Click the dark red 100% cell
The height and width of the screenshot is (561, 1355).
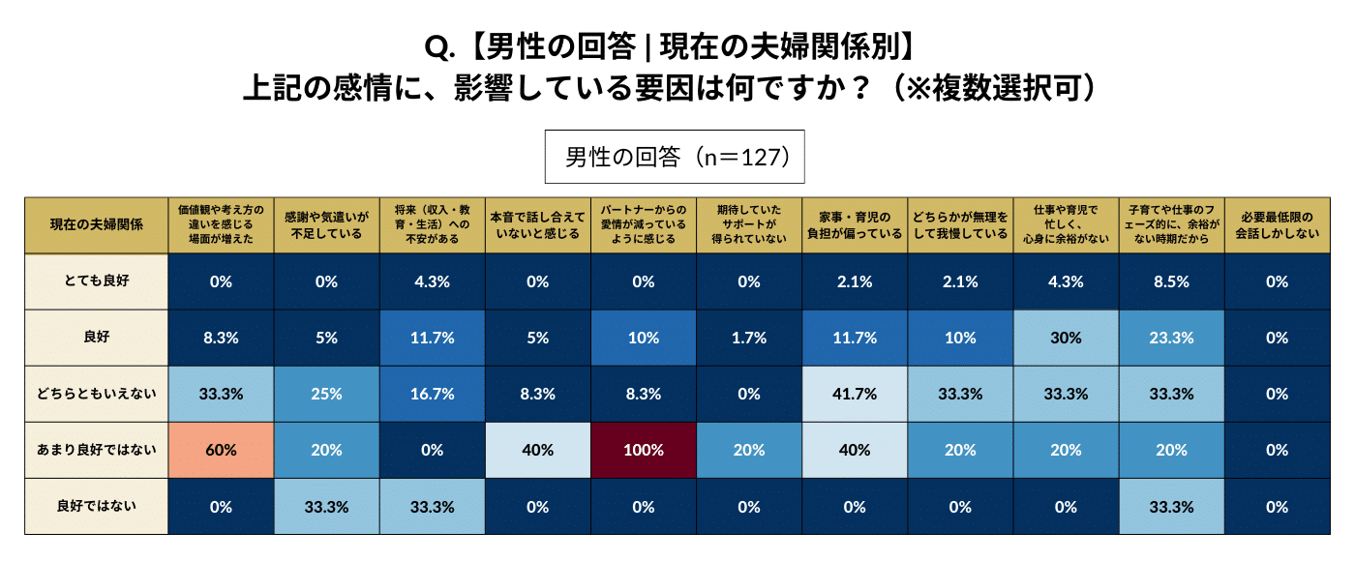pos(644,450)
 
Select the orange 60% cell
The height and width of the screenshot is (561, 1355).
pos(221,450)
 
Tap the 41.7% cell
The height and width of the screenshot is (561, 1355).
pos(855,394)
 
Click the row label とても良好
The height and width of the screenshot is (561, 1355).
pos(97,281)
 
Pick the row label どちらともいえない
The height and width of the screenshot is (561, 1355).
pos(97,394)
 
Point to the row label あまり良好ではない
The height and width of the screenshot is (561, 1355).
pos(97,450)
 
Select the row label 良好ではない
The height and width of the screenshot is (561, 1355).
pos(97,506)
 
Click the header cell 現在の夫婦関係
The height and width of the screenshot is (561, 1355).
pos(97,224)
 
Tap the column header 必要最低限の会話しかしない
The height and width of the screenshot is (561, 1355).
pos(1277,224)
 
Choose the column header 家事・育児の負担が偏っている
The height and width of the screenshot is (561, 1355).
pos(855,224)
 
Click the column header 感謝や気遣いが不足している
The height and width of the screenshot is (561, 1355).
pos(326,224)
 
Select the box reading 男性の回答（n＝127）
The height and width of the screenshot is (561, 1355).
pos(675,157)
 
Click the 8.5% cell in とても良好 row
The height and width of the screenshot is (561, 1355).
pos(1171,281)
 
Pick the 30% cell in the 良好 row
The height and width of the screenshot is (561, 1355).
pos(1066,338)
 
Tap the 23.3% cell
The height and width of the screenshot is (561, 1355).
pos(1171,338)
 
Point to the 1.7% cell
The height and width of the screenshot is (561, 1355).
pos(749,338)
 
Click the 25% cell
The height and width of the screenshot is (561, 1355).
pos(326,394)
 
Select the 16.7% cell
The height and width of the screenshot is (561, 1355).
pos(432,394)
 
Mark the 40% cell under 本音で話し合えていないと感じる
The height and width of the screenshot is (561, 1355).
pos(537,450)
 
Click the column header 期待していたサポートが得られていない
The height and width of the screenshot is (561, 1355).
pos(749,224)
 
